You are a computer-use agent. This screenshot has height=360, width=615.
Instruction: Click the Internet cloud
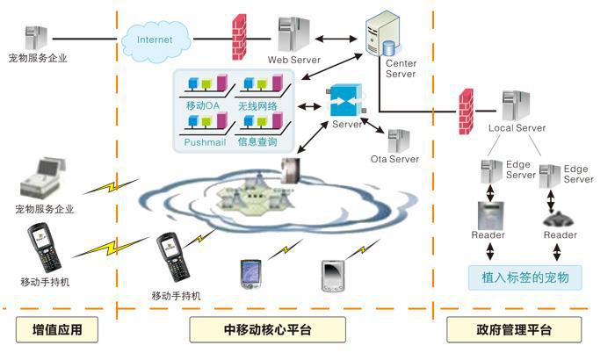pos(155,39)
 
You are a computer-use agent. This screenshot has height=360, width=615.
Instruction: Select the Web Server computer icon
pos(292,34)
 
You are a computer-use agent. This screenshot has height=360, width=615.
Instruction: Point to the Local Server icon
pos(515,105)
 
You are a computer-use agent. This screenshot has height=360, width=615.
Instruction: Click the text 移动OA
pos(199,105)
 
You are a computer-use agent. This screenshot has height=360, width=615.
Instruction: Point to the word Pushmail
pos(205,140)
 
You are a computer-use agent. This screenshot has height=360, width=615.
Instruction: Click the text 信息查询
pos(257,140)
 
